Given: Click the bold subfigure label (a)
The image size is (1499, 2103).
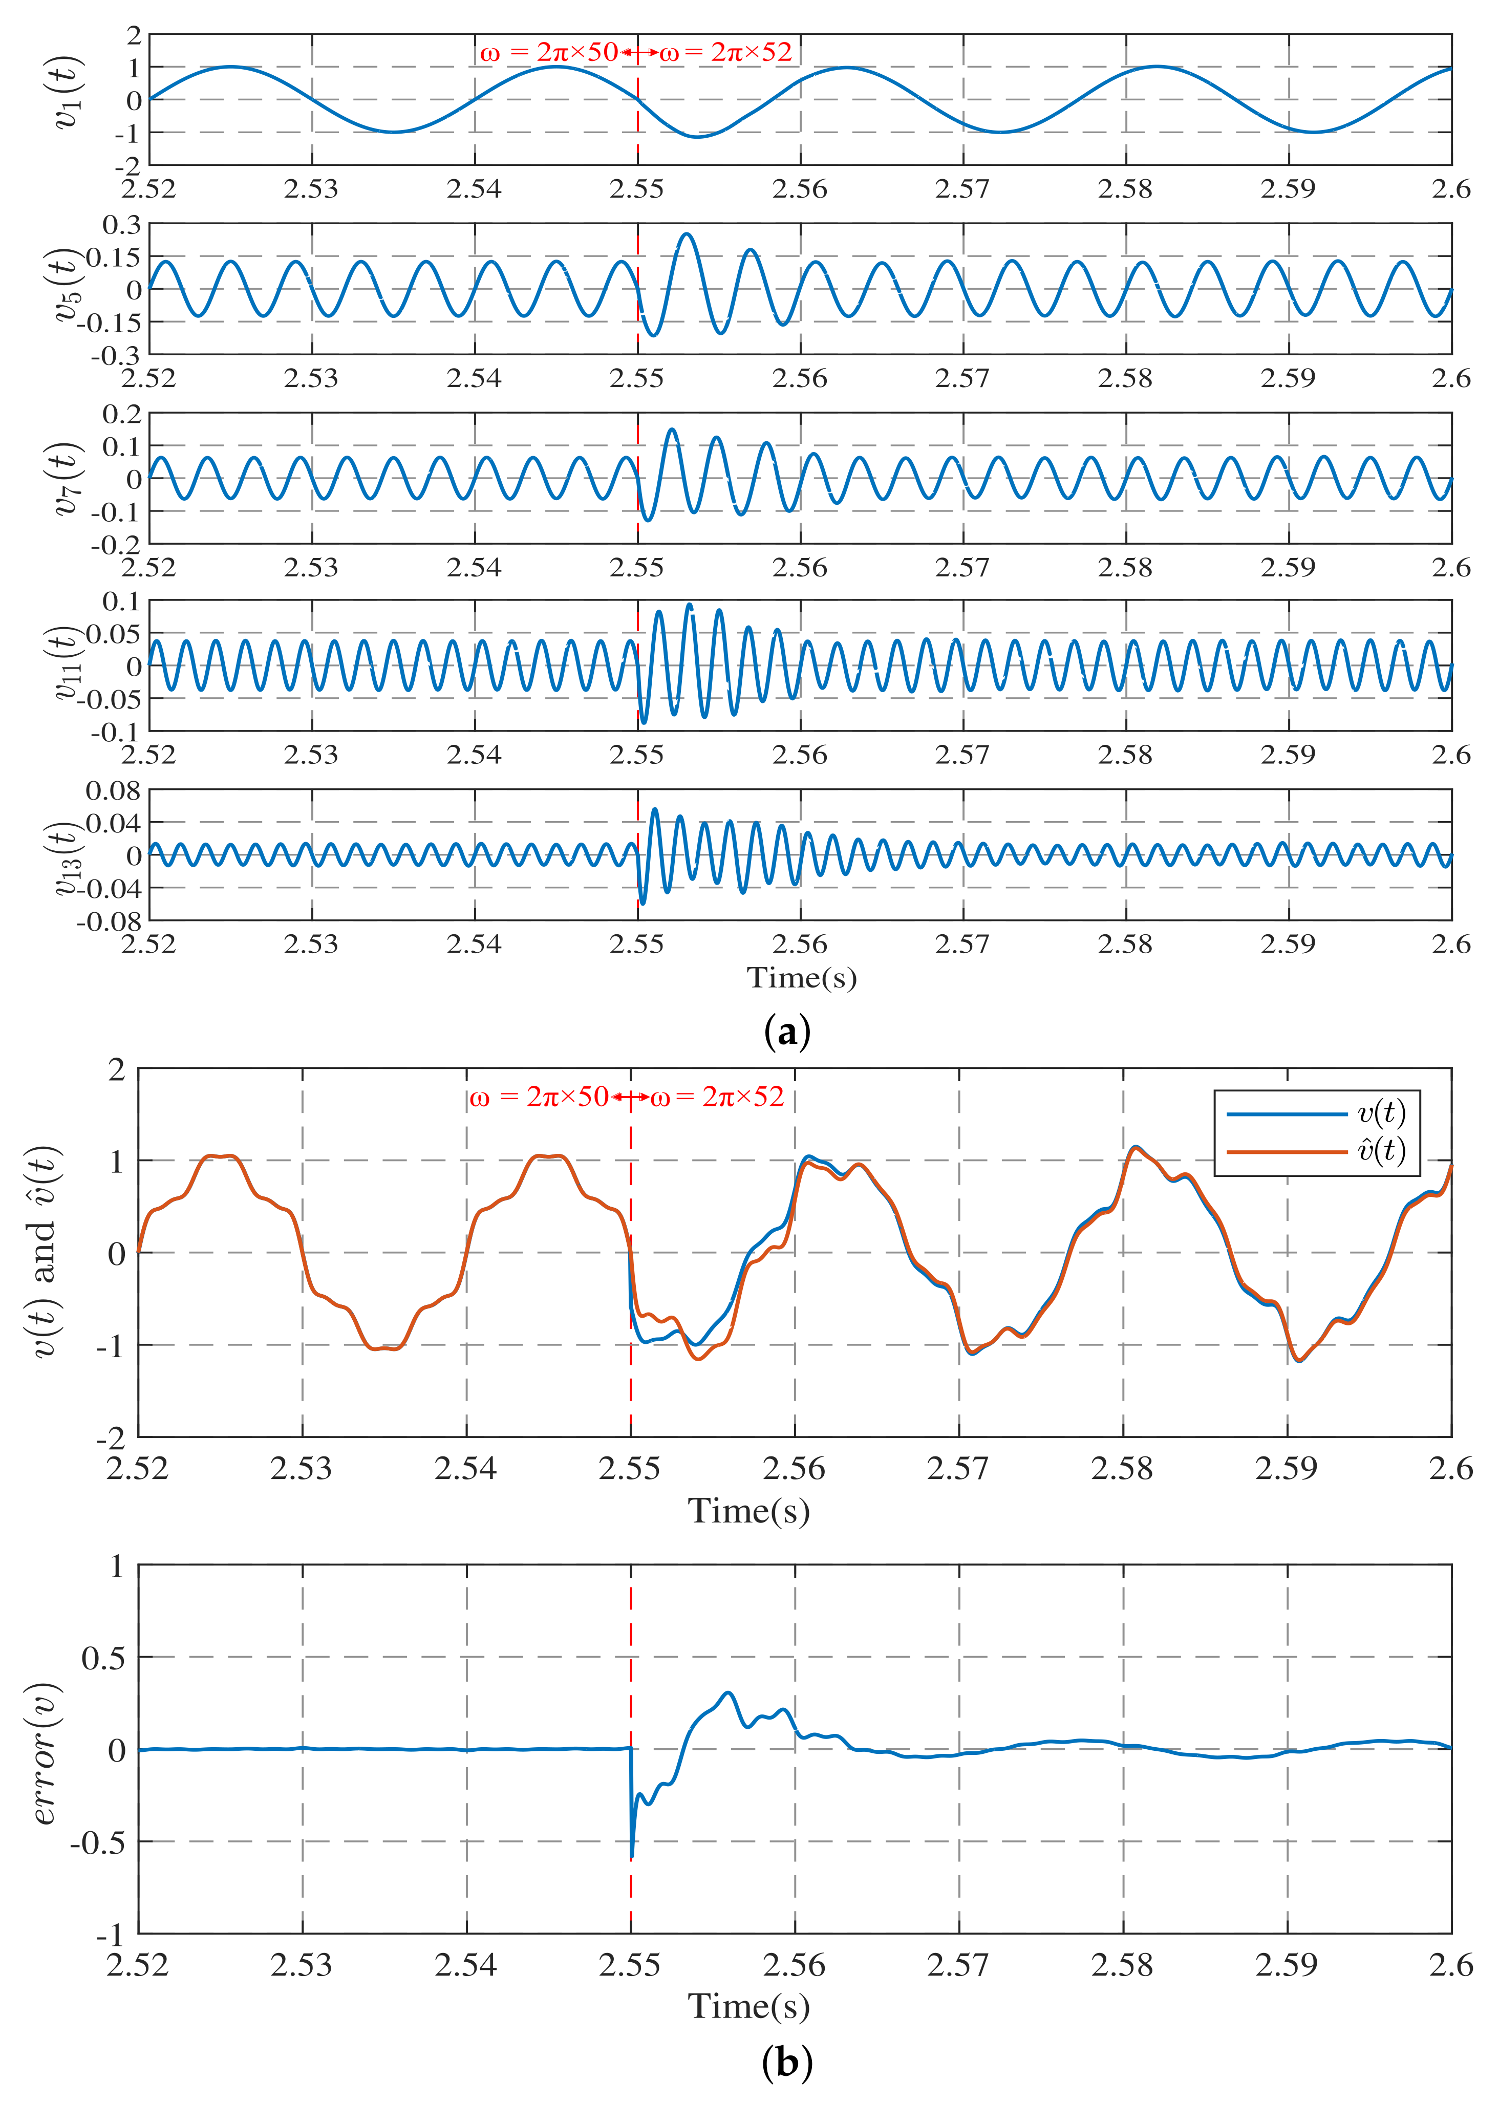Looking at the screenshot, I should [x=787, y=1032].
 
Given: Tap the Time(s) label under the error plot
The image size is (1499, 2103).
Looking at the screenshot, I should [x=748, y=2006].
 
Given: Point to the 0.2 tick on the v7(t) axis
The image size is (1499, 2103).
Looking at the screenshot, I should [x=122, y=414].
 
